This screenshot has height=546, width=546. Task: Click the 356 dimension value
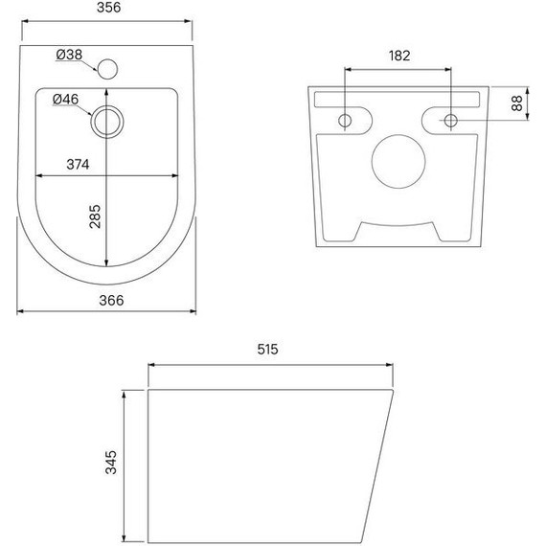[x=108, y=8]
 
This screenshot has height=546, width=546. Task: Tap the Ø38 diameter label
[x=69, y=55]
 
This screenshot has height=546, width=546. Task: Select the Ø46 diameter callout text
[x=65, y=100]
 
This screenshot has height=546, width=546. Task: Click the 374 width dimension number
[x=78, y=165]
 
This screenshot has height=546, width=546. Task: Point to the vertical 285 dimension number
[x=95, y=216]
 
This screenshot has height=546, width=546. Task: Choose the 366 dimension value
[x=111, y=300]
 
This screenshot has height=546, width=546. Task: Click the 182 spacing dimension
[x=399, y=56]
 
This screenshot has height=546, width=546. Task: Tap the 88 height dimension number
[x=516, y=103]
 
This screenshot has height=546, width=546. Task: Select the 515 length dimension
[x=267, y=350]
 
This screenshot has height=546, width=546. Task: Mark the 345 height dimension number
[x=111, y=463]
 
